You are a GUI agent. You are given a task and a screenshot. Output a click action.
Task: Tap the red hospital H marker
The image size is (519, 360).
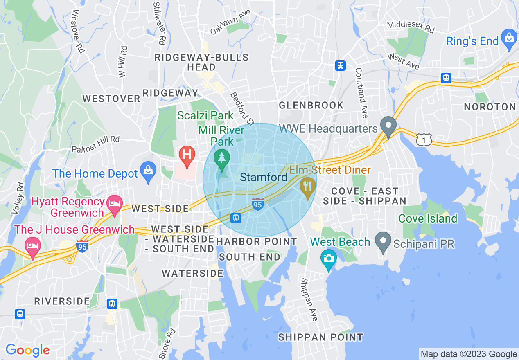pos(187,155)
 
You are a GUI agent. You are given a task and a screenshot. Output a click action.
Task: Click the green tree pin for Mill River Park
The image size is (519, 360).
pos(222,158)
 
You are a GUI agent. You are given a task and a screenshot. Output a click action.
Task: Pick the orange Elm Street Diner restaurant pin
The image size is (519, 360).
pos(308,187)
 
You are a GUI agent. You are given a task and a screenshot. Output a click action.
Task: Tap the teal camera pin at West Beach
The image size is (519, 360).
pos(328,259)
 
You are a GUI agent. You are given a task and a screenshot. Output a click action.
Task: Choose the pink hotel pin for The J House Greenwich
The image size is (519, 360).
pos(32,247)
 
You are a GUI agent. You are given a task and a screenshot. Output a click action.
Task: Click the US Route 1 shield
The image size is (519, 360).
pos(424,140)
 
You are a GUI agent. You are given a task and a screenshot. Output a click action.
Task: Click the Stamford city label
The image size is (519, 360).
pos(264,178)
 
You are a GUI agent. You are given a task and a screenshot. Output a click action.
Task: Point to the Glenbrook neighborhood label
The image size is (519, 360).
pos(311,106)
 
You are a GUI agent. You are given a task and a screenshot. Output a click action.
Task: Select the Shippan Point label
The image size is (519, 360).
pos(320,337)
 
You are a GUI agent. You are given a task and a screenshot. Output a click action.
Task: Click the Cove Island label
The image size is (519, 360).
pos(428,218)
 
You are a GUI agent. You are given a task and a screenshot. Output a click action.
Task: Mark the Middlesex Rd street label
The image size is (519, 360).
pos(411,27)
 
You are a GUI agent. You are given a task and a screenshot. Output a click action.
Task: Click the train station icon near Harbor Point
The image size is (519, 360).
pos(236,218)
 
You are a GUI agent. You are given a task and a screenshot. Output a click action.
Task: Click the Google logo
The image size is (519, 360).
pos(27,350)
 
